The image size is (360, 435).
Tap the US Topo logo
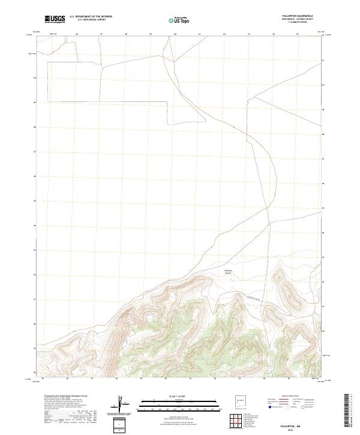179,20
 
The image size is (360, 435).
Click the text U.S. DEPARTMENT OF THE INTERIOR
91,17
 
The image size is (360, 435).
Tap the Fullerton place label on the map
228,272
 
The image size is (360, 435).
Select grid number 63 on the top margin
248,34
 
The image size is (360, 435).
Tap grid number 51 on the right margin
323,61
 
